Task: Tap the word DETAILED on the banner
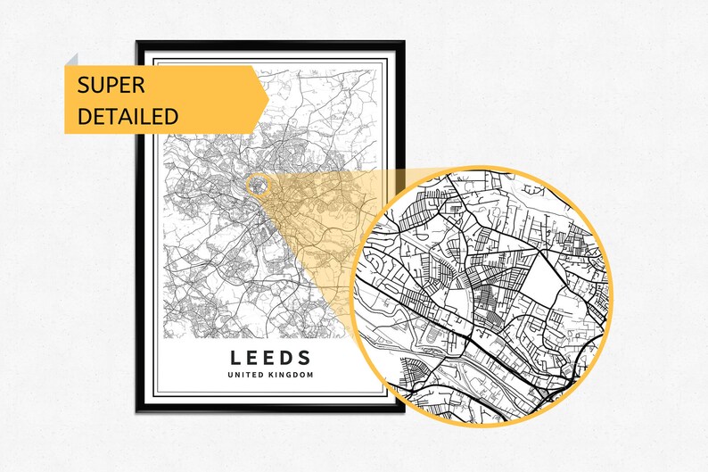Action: point(128,116)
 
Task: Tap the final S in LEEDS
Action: point(305,358)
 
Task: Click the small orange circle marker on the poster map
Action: point(258,186)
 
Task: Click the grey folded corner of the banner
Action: point(71,59)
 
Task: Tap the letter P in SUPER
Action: point(116,86)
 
